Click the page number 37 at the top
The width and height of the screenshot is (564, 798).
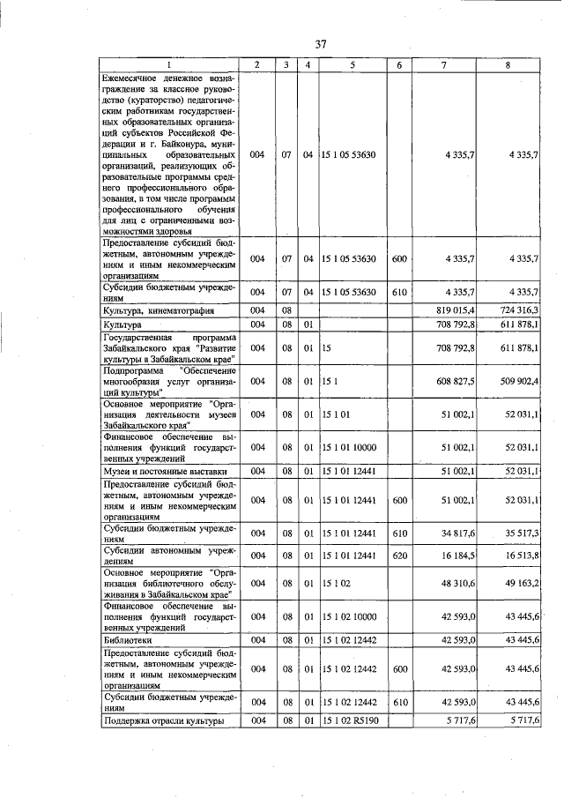pos(321,44)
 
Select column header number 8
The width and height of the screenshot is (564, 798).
pos(508,65)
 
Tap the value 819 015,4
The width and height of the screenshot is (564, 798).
pos(450,310)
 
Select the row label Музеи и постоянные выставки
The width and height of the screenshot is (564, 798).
pos(156,471)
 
